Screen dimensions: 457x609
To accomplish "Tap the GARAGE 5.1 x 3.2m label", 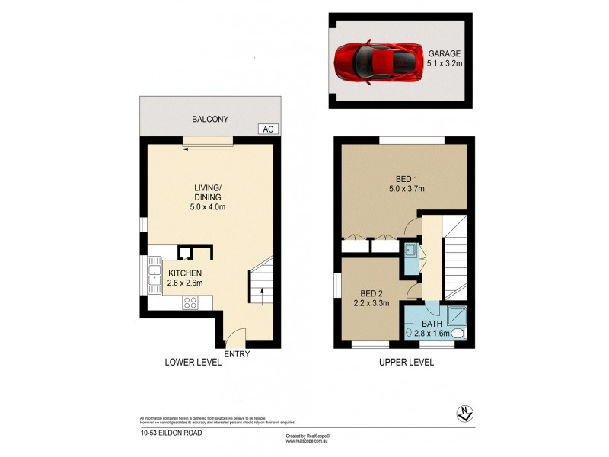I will [445, 59].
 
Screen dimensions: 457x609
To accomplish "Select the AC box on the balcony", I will [267, 129].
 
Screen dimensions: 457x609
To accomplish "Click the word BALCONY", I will [209, 120].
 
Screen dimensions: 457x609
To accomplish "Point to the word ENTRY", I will [238, 353].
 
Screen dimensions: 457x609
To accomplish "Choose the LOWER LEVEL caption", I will [193, 363].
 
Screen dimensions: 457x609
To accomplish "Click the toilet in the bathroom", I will [458, 334].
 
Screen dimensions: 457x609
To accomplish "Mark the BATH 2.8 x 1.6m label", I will [428, 328].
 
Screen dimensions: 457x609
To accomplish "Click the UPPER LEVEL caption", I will [407, 363].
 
